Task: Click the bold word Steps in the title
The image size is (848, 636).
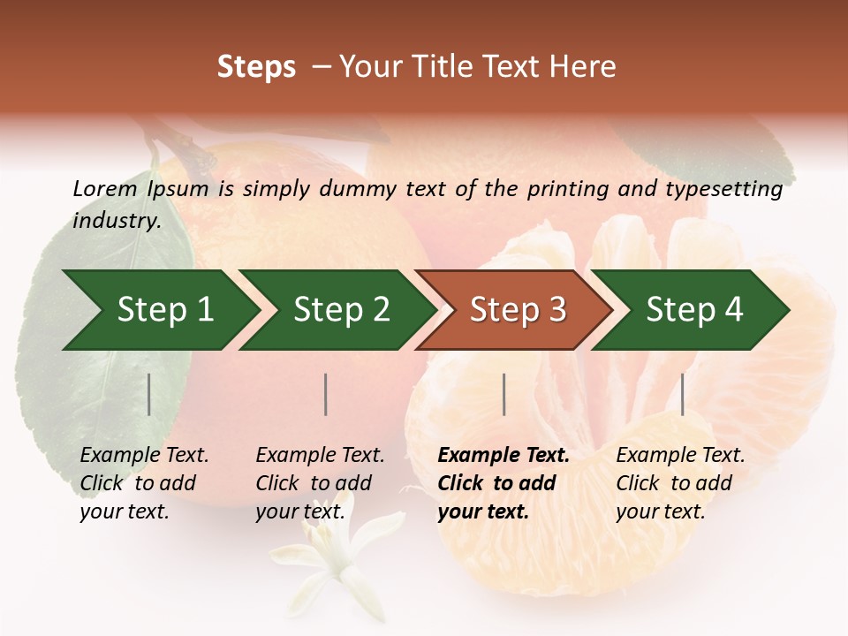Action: (256, 67)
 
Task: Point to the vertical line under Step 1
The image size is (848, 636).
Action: (149, 394)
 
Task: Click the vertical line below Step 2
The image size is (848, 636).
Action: (326, 394)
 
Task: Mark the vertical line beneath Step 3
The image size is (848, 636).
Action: (504, 394)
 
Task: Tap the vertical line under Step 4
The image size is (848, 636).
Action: (683, 394)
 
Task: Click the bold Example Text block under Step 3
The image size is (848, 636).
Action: (503, 483)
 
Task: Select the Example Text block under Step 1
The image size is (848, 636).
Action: (144, 483)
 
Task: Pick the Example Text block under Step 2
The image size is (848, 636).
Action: (320, 483)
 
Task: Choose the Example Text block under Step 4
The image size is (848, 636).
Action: (680, 483)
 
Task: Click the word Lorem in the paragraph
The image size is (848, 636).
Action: (104, 188)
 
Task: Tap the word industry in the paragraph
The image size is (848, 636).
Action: (116, 221)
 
